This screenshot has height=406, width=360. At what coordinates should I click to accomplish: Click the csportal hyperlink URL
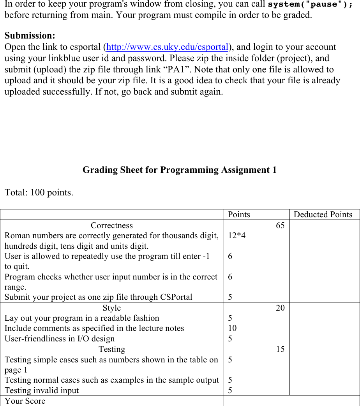click(x=167, y=47)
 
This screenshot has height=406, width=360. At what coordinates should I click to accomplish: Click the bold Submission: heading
click(x=30, y=35)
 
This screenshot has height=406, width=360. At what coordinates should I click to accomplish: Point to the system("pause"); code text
click(x=311, y=5)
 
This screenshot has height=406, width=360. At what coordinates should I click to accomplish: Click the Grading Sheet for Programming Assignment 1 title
click(x=179, y=170)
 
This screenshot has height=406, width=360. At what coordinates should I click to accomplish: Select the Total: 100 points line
click(x=39, y=193)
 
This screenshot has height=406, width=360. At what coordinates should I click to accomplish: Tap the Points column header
click(x=239, y=214)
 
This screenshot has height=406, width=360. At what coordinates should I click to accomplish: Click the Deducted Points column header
click(x=323, y=214)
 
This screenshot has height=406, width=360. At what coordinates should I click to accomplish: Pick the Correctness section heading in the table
click(x=112, y=225)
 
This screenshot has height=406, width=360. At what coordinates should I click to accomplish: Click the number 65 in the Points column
click(x=280, y=225)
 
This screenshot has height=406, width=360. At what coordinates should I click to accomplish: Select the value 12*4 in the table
click(x=236, y=236)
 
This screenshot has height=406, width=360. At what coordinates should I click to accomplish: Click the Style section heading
click(x=112, y=308)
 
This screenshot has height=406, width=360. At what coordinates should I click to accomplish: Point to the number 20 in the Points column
click(x=280, y=308)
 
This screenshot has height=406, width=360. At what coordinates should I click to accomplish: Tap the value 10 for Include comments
click(x=232, y=328)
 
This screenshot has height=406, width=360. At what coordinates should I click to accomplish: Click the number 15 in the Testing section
click(x=280, y=349)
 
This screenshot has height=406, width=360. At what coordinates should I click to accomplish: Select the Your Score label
click(x=25, y=401)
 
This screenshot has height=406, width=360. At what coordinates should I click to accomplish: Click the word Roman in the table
click(x=16, y=236)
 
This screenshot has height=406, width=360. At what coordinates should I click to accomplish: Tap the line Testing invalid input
click(x=42, y=390)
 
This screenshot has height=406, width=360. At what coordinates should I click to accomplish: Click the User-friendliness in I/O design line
click(x=60, y=339)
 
